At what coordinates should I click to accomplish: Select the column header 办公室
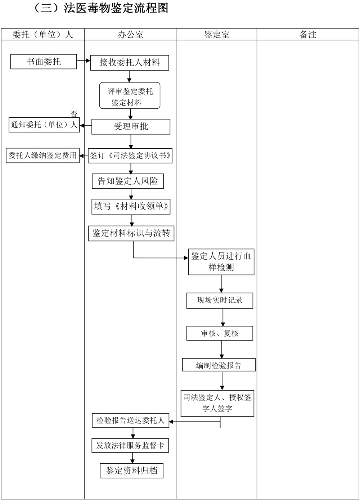coord(130,35)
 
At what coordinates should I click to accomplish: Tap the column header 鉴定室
coord(217,35)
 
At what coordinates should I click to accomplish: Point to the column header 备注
coord(308,35)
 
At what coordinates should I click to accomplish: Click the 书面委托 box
coord(44,62)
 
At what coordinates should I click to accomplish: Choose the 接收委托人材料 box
coord(130,63)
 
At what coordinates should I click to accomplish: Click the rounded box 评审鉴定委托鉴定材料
coord(130,96)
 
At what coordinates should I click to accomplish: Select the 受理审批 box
coord(131,127)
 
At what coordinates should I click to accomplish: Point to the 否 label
coord(74,114)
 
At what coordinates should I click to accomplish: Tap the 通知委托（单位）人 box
coord(44,125)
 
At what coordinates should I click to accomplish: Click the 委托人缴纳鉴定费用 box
coord(42,156)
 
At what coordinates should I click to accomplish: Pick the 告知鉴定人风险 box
coord(128,181)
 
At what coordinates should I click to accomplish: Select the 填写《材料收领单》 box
coord(131,207)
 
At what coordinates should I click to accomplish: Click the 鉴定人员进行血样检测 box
coord(221,262)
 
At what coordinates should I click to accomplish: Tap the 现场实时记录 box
coord(220,301)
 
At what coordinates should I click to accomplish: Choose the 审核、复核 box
coord(220,333)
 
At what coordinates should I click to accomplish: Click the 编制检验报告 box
coord(219,365)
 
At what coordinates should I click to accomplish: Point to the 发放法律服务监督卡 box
coord(130,446)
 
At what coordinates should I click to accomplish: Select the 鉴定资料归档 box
coord(131,470)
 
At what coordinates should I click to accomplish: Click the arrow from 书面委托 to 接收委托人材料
coord(84,61)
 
